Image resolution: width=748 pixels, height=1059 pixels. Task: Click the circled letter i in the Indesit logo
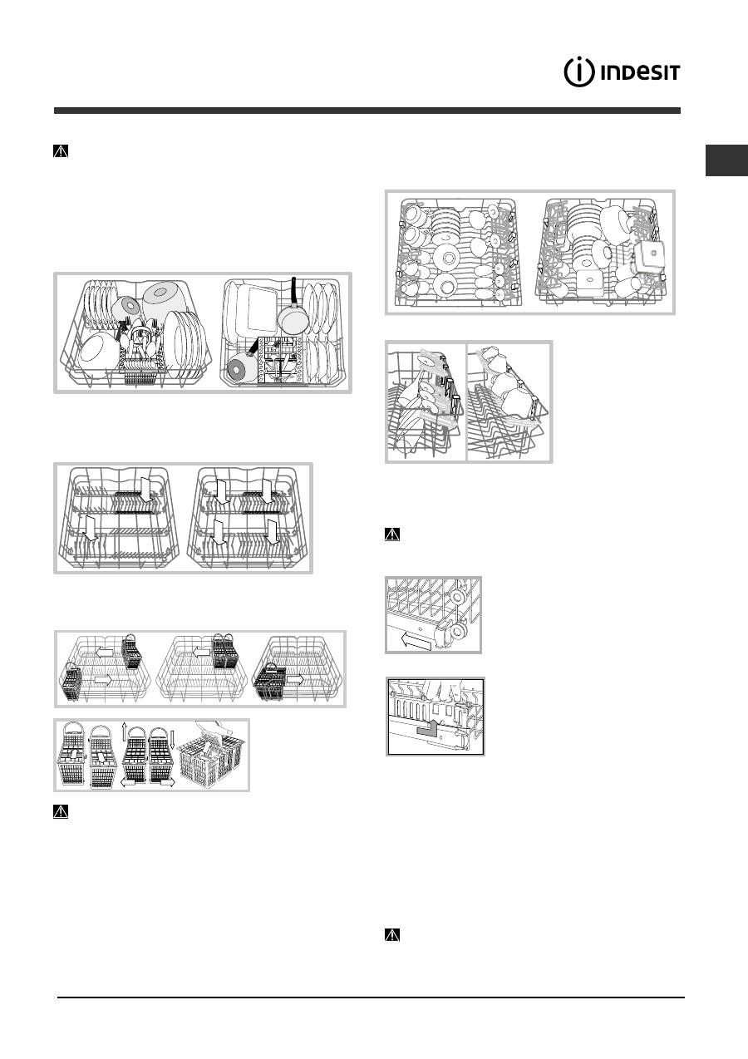(x=578, y=72)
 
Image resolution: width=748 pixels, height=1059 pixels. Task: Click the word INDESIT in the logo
(x=640, y=73)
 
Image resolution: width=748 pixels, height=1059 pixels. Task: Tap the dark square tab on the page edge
(x=726, y=160)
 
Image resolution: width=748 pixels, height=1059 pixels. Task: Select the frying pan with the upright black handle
(x=290, y=308)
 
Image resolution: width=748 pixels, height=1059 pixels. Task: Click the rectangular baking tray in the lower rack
(x=257, y=308)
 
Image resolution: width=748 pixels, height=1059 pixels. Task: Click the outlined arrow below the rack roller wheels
(x=415, y=640)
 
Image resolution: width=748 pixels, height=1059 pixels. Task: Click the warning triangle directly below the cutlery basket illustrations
(x=61, y=811)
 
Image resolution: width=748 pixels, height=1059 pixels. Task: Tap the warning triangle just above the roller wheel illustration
(x=392, y=534)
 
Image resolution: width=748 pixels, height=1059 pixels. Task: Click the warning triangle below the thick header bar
(x=61, y=150)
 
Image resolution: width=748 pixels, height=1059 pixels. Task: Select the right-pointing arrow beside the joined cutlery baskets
(x=296, y=679)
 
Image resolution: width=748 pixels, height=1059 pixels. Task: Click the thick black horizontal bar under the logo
(x=367, y=111)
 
